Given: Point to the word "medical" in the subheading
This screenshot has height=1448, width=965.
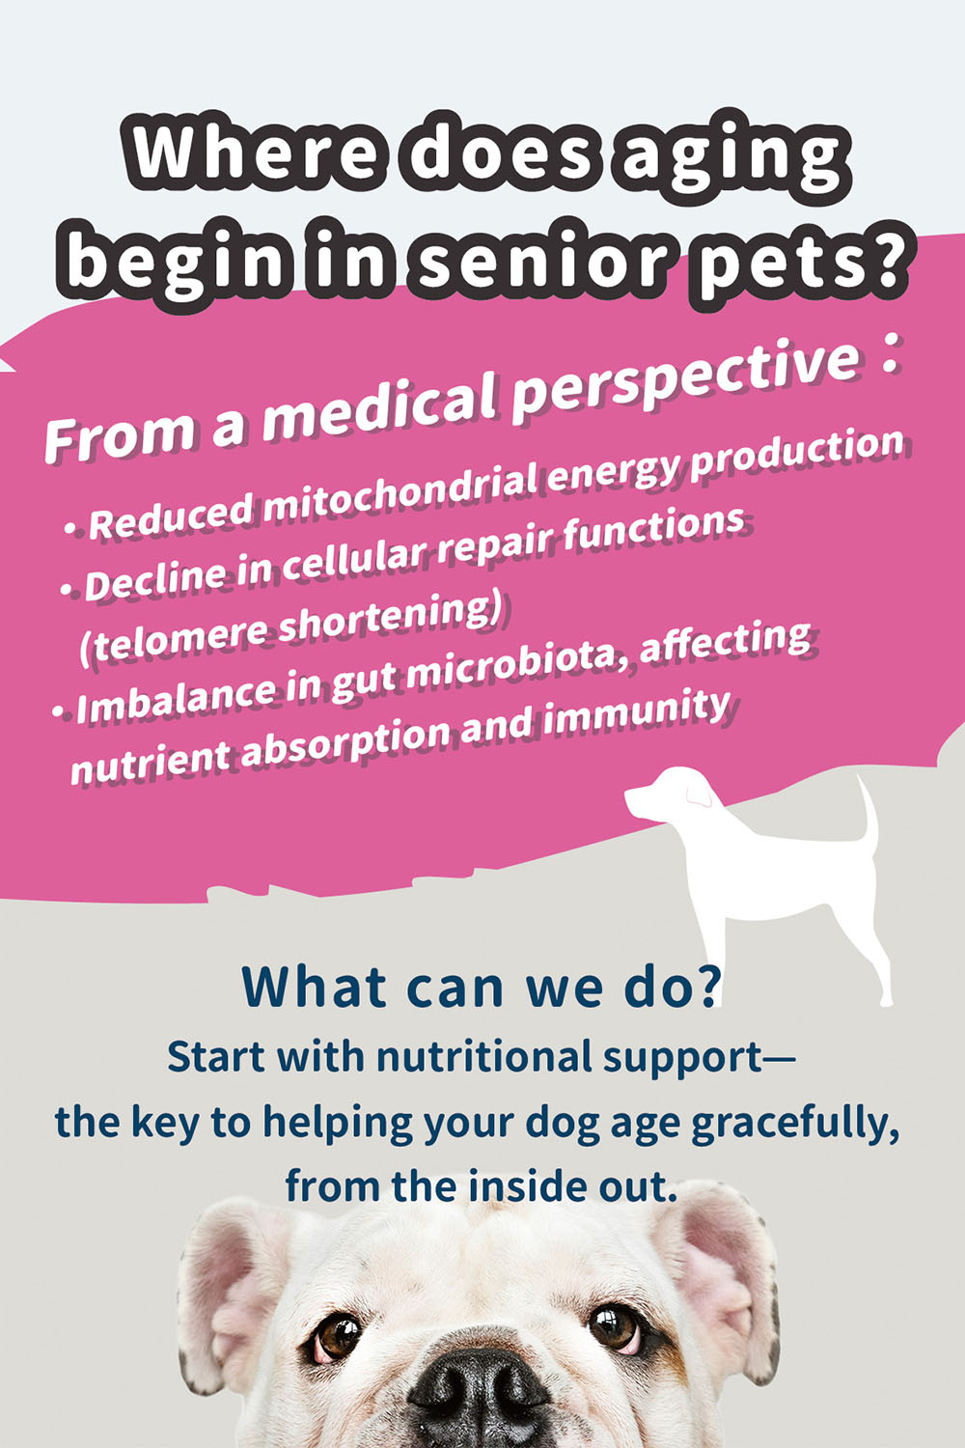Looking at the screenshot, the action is [x=381, y=409].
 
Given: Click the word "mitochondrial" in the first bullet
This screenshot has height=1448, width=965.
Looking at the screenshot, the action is [x=400, y=488].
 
